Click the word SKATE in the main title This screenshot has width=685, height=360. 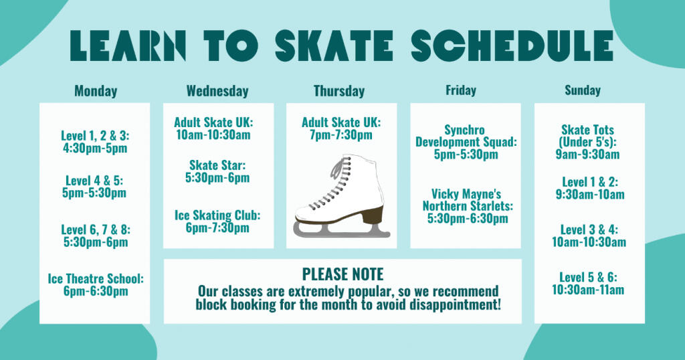(334, 46)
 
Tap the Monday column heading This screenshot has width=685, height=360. (96, 91)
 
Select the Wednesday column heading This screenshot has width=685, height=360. (217, 91)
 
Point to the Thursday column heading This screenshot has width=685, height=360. (339, 91)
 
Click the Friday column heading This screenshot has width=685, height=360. (461, 90)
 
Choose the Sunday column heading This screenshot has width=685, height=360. (583, 90)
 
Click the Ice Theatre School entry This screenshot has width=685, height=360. (96, 285)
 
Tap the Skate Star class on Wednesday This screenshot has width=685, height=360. (217, 171)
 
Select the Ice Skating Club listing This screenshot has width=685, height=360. (217, 221)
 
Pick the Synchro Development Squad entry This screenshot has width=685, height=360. (466, 142)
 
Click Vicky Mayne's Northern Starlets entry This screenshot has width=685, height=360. (468, 206)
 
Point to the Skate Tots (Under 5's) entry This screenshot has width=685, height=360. (587, 142)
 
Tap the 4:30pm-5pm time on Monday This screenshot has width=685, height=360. (95, 148)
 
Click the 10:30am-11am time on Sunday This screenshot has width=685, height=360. (588, 290)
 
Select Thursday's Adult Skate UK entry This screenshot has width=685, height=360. (341, 128)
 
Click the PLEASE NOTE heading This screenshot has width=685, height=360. (343, 274)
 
